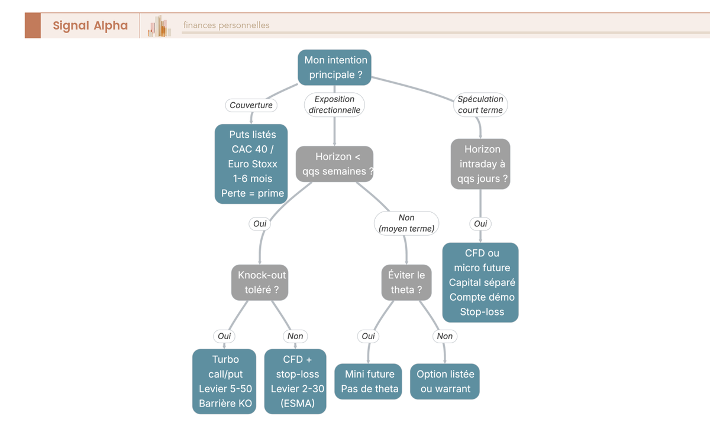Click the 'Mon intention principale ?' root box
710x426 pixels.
point(334,67)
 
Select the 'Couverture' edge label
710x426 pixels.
point(251,105)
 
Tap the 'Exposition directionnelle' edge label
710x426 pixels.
point(334,105)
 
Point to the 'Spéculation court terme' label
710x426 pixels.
point(480,105)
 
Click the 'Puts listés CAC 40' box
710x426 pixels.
point(251,164)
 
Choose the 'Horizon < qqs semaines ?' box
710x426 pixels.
point(334,164)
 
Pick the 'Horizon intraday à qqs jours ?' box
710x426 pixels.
point(480,164)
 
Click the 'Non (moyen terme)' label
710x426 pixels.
point(406,223)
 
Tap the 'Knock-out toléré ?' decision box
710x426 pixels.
point(260,282)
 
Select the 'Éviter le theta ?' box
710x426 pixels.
point(406,282)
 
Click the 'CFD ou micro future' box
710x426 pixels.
point(480,282)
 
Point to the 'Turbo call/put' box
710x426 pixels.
point(224,381)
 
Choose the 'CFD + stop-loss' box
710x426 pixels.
point(295,381)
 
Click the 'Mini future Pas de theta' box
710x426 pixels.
point(368,381)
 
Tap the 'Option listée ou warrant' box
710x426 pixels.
point(445,381)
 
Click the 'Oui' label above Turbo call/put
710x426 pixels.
point(224,336)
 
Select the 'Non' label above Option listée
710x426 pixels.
point(445,336)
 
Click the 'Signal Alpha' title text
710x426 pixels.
point(91,25)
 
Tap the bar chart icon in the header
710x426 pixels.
point(159,26)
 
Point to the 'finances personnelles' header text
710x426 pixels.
point(226,25)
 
